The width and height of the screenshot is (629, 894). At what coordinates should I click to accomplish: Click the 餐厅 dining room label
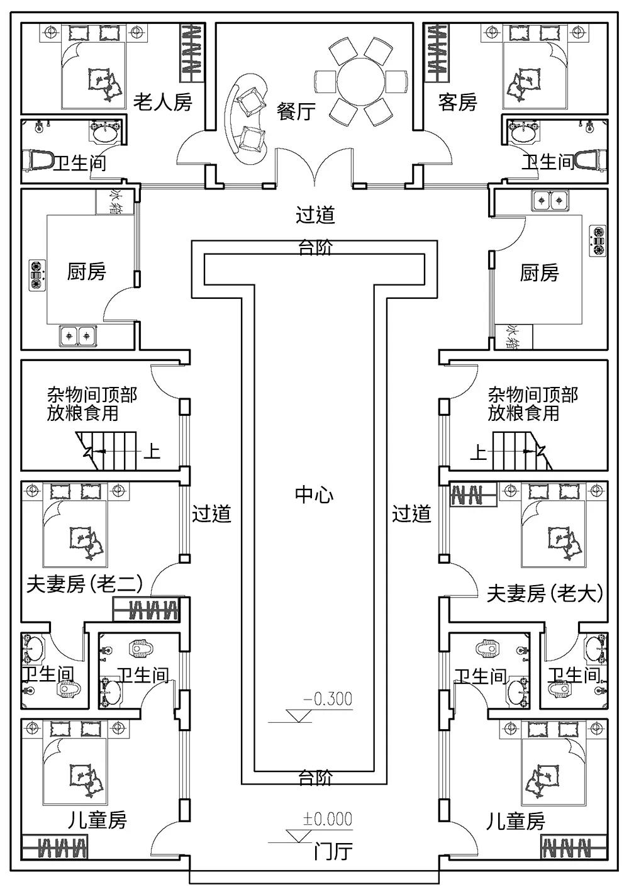pos(296,111)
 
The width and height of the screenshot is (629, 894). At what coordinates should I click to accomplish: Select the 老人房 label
pos(162,102)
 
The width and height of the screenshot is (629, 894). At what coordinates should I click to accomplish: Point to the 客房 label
pos(458,102)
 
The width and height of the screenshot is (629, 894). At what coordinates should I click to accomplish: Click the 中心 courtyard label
pos(314,495)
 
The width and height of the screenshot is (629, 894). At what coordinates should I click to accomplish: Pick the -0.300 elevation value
pos(328,699)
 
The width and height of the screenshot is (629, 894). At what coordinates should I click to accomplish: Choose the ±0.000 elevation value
pos(328,819)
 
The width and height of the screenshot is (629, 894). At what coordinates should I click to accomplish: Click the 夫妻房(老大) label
pos(545,593)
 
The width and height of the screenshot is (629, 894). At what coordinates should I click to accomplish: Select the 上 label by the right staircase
pos(479,452)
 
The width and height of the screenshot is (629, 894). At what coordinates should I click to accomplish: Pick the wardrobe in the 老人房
pos(194,52)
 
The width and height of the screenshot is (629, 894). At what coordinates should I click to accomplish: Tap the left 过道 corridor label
pos(211,514)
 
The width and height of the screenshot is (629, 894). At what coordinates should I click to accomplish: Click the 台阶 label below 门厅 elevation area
pos(315,778)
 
